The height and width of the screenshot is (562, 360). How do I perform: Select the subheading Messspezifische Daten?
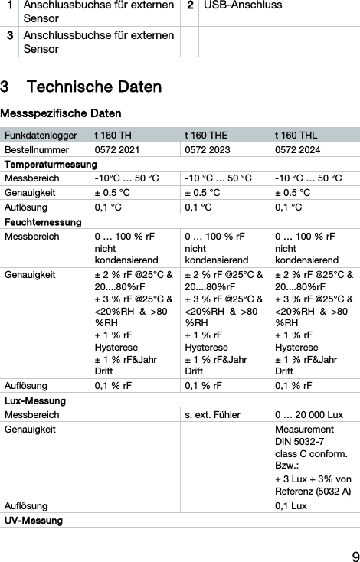coord(55,113)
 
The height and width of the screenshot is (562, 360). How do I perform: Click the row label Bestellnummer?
coord(36,151)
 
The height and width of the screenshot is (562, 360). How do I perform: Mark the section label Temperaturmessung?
coord(51,165)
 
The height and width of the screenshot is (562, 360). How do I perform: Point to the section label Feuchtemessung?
coord(43,222)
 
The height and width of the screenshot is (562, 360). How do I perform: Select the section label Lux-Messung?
coord(34,401)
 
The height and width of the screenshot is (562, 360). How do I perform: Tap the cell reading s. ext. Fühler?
coord(212,415)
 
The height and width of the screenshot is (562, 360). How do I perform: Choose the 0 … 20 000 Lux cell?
coord(308,415)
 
